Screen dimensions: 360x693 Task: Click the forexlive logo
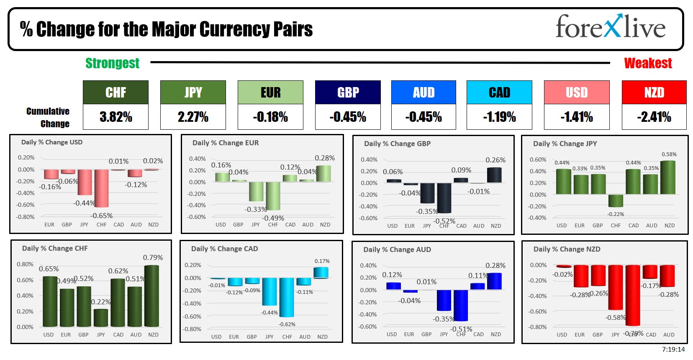tap(610, 27)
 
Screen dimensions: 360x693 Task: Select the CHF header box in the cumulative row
tap(116, 93)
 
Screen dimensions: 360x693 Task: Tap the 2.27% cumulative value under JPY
tap(193, 117)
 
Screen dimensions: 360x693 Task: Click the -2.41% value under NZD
tap(654, 117)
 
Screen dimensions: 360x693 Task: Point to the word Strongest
tap(112, 63)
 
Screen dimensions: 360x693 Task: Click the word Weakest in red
tap(648, 63)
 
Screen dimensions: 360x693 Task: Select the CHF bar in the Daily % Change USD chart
tap(101, 188)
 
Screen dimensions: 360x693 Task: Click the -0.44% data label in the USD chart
tap(84, 203)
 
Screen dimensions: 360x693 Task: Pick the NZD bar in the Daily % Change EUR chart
tap(323, 174)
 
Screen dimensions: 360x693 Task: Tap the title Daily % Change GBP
tap(397, 144)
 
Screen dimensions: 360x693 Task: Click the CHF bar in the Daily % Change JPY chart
tap(616, 201)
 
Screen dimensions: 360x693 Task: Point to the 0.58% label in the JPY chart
tap(669, 154)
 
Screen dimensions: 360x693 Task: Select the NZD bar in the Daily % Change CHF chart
tap(151, 296)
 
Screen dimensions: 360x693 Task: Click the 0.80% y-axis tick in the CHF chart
tap(25, 264)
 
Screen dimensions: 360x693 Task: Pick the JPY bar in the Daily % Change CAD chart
tap(269, 292)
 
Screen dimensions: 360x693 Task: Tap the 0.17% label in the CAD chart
tap(322, 261)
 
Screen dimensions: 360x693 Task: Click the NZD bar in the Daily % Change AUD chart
tap(495, 281)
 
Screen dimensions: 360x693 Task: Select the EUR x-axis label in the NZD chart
tap(580, 334)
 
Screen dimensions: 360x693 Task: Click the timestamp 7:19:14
tap(673, 350)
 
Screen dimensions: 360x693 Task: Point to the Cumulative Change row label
tap(48, 117)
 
